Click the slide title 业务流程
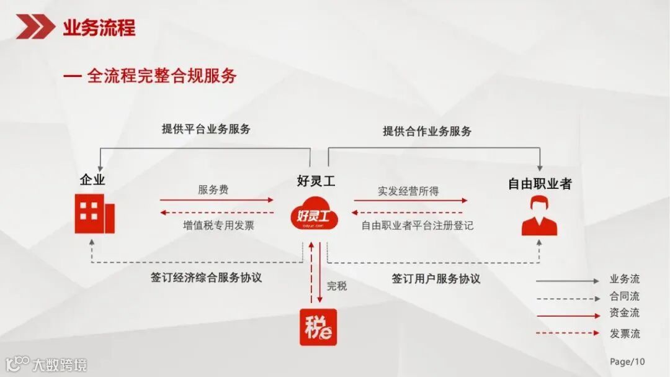[x=99, y=28]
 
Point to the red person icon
[x=539, y=216]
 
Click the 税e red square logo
[x=318, y=327]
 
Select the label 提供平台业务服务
[x=206, y=129]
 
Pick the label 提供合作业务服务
[x=427, y=131]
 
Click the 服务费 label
[x=213, y=190]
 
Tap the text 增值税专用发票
[x=218, y=225]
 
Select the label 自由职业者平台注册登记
[x=417, y=225]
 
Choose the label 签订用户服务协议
[x=435, y=279]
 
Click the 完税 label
[x=337, y=286]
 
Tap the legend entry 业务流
[x=624, y=279]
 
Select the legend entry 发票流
[x=624, y=334]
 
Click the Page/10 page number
[x=627, y=361]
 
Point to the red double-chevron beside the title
[x=35, y=27]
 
